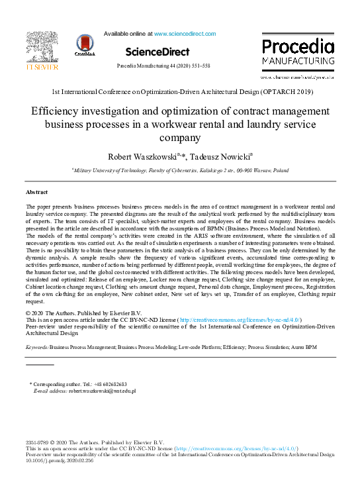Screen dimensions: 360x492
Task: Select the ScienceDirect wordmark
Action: (x=157, y=52)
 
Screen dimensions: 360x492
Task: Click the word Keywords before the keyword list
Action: (x=36, y=346)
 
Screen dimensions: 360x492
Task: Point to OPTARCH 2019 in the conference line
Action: (x=286, y=91)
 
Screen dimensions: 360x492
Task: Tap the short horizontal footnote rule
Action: (x=39, y=365)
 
